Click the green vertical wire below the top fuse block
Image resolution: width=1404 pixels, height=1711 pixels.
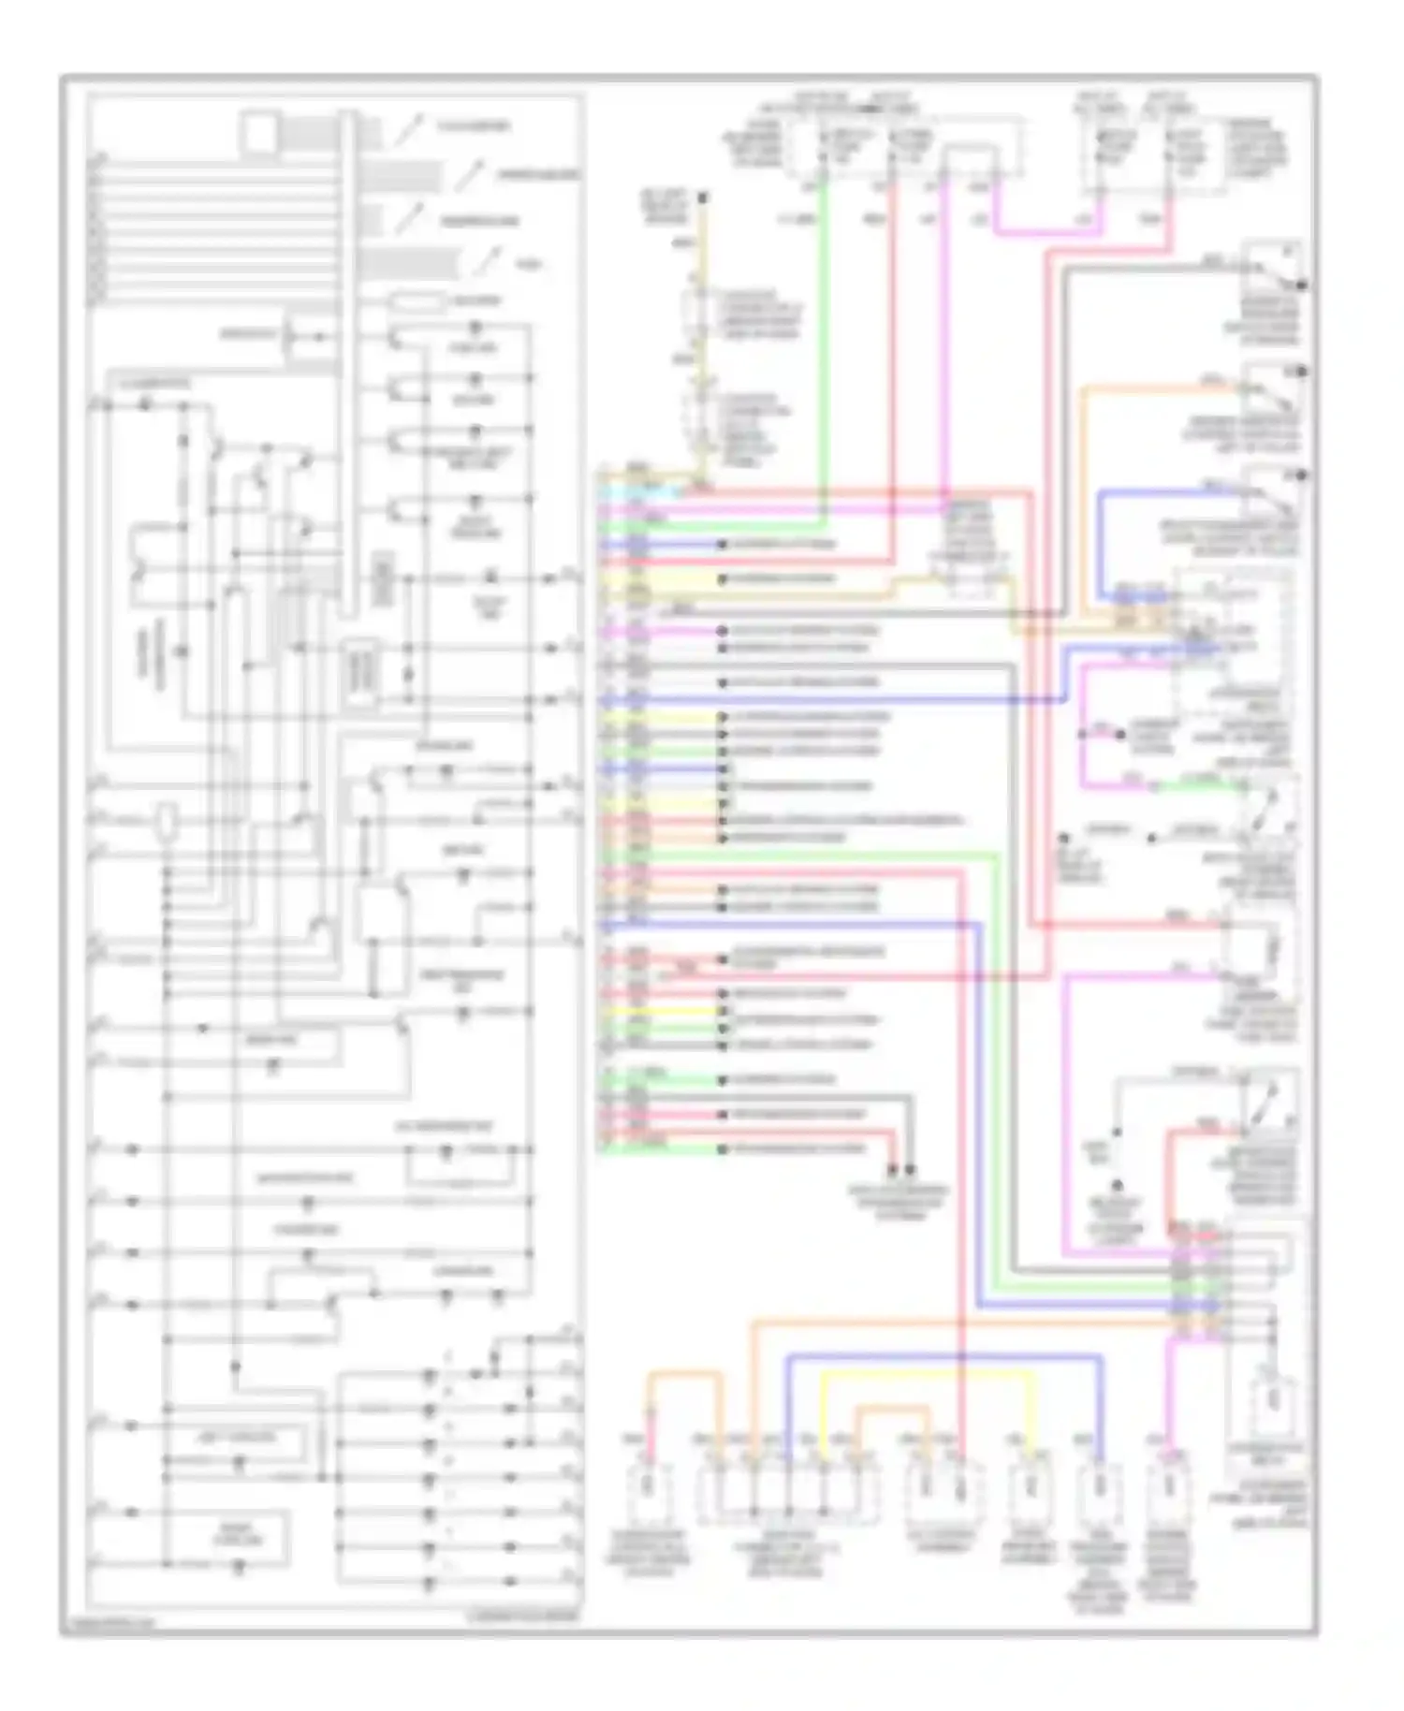[x=823, y=356]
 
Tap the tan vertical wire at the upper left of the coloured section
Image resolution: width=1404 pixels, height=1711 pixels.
[x=703, y=281]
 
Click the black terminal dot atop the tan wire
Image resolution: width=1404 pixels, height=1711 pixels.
[x=703, y=197]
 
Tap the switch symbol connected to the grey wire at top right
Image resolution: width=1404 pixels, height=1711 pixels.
[x=1273, y=267]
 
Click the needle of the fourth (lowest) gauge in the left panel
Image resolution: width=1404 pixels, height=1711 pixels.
[x=487, y=263]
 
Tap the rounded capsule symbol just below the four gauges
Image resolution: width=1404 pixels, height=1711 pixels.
[x=417, y=301]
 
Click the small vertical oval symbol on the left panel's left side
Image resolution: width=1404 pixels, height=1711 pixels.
[x=168, y=820]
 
